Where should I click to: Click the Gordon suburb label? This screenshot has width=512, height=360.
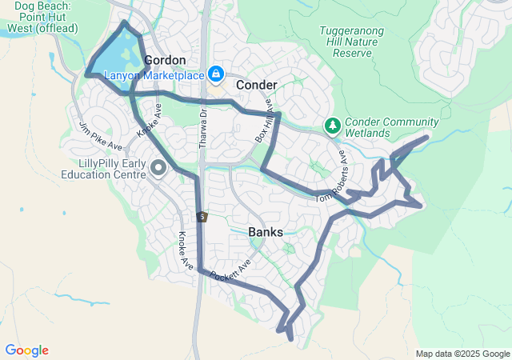[166, 61]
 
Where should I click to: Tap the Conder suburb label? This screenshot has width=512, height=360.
[256, 85]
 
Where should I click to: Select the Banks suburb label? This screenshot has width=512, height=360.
[265, 232]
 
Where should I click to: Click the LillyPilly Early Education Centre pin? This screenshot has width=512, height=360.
[158, 168]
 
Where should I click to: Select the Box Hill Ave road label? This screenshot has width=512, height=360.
[264, 125]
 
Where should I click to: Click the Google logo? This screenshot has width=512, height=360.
[26, 350]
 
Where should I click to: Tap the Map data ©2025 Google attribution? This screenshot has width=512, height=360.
[462, 354]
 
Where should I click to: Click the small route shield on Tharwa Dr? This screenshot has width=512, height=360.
[203, 216]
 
